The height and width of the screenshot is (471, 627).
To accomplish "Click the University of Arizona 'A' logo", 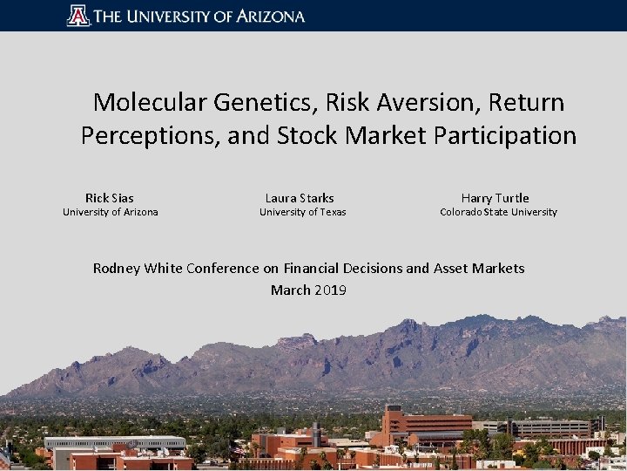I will point(78,16).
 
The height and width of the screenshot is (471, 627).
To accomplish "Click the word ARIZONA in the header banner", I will point(269,16).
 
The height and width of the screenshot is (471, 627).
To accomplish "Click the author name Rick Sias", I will point(110,198).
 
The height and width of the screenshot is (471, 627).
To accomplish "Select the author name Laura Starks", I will point(300,198).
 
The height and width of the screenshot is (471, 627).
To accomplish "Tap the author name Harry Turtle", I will point(495,198).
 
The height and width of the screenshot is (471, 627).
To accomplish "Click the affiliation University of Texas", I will point(302,212).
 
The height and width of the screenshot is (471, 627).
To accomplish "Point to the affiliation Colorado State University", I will point(498,212).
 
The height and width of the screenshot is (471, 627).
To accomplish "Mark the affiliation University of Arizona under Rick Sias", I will point(111,212).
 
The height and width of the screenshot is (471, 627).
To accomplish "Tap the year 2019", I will point(331,290).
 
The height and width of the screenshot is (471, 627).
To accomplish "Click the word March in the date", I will point(291,290).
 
